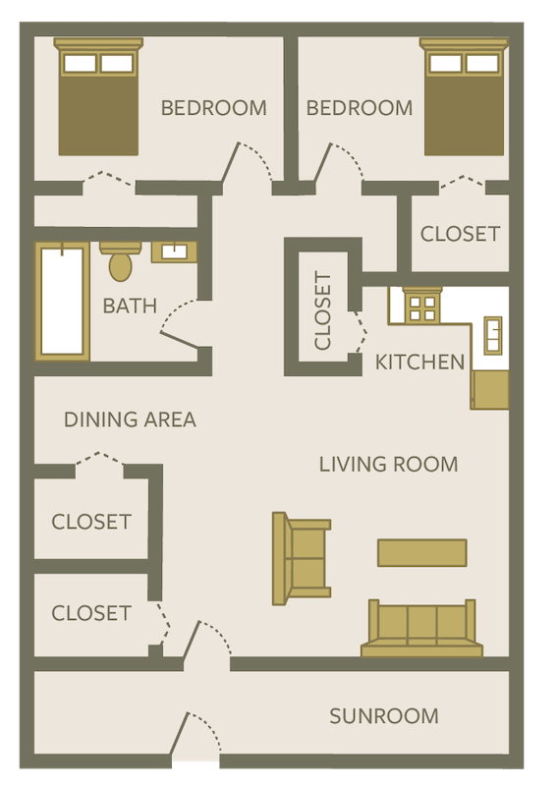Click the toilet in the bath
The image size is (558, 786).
121,261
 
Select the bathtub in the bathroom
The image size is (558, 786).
61,301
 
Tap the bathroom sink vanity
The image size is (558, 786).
174,252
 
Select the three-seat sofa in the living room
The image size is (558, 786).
422,629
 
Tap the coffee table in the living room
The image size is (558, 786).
422,552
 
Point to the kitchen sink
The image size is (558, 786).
492,334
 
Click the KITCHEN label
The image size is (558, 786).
419,363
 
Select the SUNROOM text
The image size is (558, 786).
383,716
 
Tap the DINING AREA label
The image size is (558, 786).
130,420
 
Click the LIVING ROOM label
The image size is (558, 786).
388,464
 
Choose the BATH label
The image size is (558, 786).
130,306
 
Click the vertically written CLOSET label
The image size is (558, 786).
323,310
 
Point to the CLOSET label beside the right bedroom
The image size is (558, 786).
460,234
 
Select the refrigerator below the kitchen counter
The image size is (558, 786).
490,389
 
